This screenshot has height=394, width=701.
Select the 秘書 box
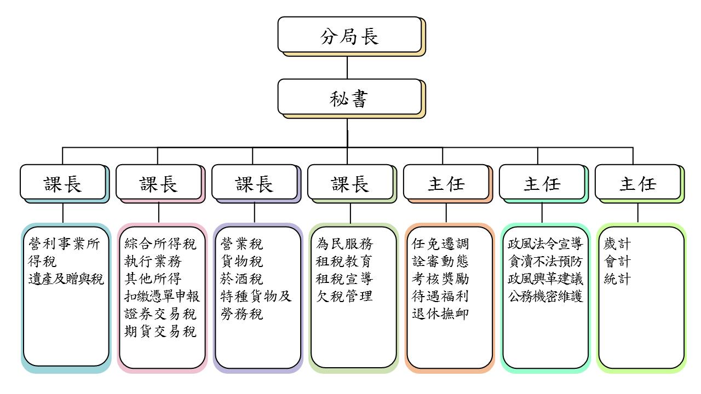coord(349,98)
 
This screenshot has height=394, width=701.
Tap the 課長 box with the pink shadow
coord(158,182)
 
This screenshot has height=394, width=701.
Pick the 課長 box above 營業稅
coord(254,182)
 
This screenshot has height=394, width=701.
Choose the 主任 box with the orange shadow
coord(446,182)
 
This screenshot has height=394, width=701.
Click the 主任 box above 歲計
coord(637,182)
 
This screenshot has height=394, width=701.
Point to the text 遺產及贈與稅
coord(66,279)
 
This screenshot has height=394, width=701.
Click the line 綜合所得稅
coord(160,244)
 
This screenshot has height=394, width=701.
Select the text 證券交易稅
coord(160,314)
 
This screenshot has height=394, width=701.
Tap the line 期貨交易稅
coord(160,332)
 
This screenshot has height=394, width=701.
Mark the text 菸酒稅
coord(242,279)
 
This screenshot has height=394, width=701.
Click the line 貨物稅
coord(242,262)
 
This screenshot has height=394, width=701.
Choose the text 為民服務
coord(344,244)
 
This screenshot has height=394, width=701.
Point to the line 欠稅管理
coord(344,297)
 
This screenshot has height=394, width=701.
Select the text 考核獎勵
coord(440,279)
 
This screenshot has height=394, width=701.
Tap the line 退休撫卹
coord(440,314)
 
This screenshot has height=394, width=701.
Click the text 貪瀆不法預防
coord(545,262)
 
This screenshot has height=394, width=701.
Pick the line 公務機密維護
coord(545,297)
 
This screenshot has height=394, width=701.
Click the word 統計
coord(617,279)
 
